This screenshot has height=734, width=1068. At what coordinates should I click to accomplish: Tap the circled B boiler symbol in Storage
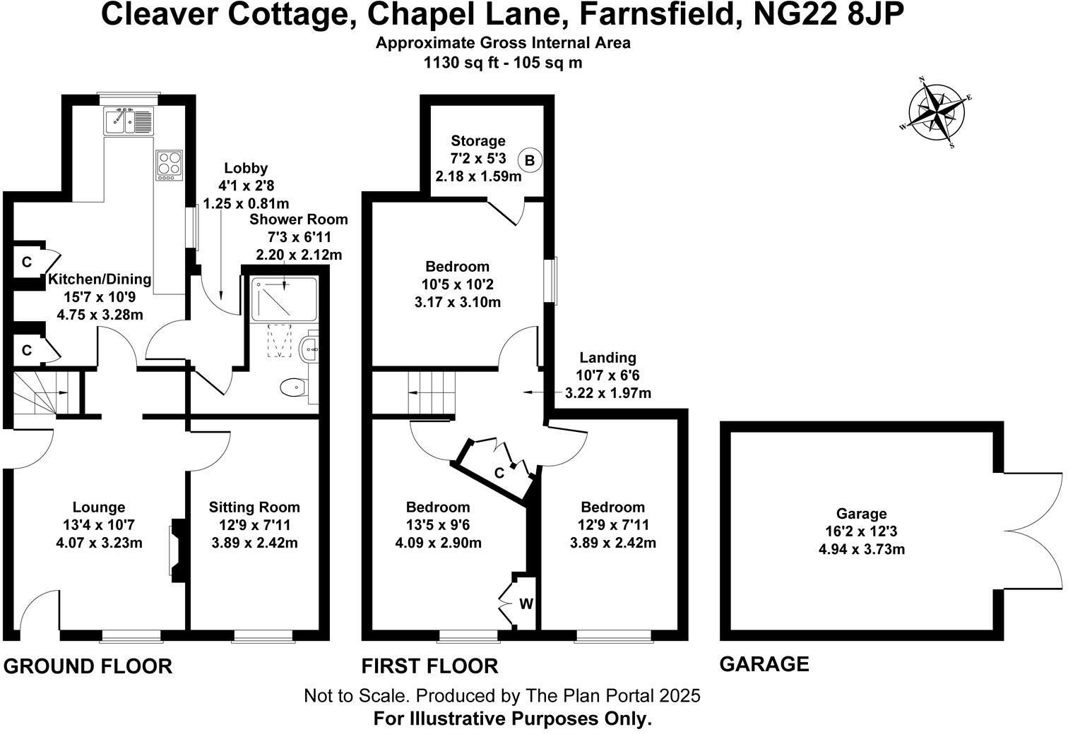point(530,160)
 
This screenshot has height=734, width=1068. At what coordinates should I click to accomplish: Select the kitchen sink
point(129,121)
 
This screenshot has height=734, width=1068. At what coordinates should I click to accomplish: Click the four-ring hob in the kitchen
point(170,165)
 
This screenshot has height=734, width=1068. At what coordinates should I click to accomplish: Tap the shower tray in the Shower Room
point(284,299)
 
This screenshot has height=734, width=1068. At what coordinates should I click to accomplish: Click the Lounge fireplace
point(177,550)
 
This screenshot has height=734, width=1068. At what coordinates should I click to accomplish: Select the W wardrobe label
point(526,604)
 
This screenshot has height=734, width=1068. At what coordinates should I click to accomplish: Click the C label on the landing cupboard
point(499,473)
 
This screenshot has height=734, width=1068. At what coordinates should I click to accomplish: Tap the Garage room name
point(861,514)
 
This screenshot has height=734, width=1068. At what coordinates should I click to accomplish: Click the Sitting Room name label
point(254,507)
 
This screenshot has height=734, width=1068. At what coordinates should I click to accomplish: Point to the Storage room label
point(478,141)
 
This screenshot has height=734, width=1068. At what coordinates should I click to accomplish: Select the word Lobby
point(246,168)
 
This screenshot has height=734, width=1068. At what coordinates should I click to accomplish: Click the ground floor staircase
point(46,393)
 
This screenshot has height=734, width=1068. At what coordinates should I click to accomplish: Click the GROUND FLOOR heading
point(88,666)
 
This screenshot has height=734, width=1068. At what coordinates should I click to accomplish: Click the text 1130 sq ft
point(462,63)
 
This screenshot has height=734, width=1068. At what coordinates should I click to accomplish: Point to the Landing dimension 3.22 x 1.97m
point(608,393)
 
